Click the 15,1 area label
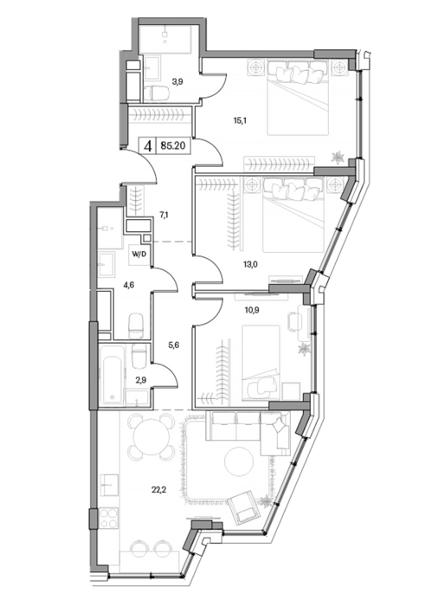[240, 120]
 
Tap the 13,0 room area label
[250, 264]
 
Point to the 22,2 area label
[159, 490]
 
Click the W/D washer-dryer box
[139, 255]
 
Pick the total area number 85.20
[173, 145]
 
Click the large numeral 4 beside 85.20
[147, 146]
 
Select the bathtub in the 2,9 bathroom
[112, 375]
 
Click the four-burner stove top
[108, 519]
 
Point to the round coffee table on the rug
[239, 462]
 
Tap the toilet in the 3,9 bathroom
[157, 93]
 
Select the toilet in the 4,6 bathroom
[136, 326]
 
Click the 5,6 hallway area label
[174, 345]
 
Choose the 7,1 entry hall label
[163, 215]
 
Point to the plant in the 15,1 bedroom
[339, 157]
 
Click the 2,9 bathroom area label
[141, 380]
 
